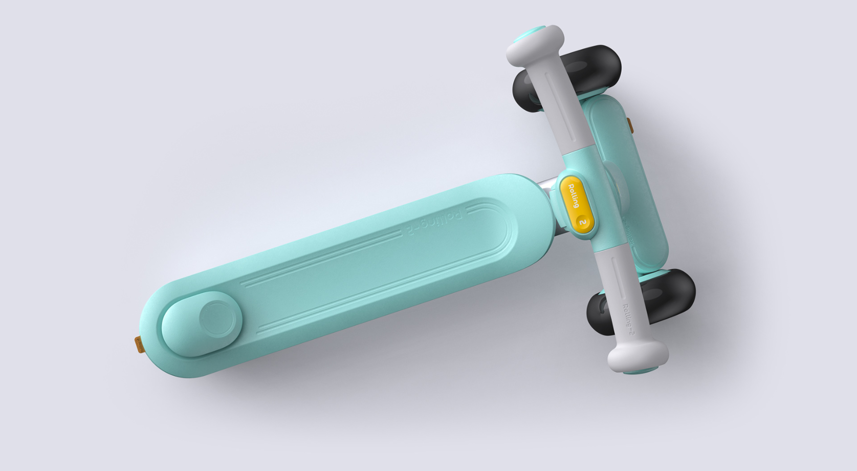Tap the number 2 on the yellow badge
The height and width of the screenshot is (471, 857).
[x=583, y=222]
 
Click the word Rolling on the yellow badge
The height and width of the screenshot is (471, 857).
[x=573, y=196]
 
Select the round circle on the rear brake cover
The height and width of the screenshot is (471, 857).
[x=217, y=318]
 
